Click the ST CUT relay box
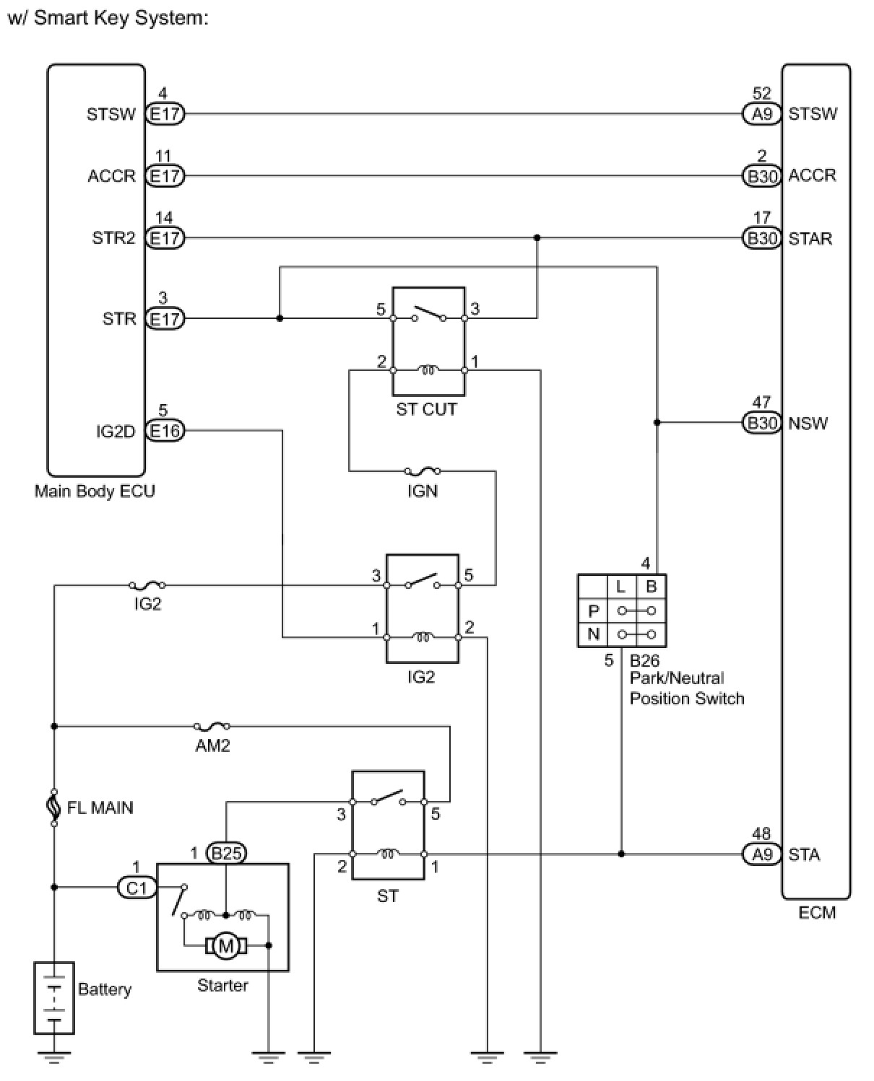tap(428, 341)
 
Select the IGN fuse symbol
tap(423, 471)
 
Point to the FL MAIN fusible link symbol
tap(54, 807)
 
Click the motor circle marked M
tap(226, 945)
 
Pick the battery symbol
tap(54, 997)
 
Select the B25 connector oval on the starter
tap(226, 854)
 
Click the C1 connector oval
tap(137, 887)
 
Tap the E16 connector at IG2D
tap(165, 431)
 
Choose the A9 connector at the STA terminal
tap(762, 854)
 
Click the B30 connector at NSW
tap(762, 423)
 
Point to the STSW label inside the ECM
tap(813, 114)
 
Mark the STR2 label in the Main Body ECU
tap(113, 238)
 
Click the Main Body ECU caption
tap(95, 491)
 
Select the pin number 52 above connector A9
tap(761, 94)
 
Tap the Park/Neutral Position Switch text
tap(686, 688)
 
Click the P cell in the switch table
tap(594, 611)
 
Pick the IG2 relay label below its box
tap(421, 677)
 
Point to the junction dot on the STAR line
tap(537, 237)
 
